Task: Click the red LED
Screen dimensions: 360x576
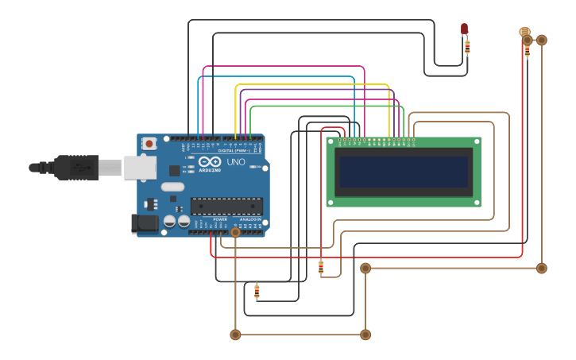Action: pos(465,29)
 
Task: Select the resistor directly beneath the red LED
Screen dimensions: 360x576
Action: pos(467,47)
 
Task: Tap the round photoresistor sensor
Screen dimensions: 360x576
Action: pos(524,32)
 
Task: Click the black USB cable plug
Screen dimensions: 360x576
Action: pos(75,168)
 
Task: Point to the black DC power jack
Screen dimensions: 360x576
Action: pos(145,223)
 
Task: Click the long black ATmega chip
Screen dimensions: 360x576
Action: pos(226,206)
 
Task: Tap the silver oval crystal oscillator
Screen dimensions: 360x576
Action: pos(172,188)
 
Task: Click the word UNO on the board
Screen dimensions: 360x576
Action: pos(236,162)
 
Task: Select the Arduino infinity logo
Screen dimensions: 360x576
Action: pos(210,162)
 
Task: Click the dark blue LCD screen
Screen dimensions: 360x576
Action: pos(404,172)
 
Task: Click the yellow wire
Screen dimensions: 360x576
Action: pos(318,84)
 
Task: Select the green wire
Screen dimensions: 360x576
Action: pos(326,106)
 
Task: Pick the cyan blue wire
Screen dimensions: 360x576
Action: pos(278,77)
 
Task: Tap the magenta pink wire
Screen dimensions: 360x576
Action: pos(286,67)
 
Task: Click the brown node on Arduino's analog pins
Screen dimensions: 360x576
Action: pos(235,232)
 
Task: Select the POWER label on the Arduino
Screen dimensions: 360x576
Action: pos(220,219)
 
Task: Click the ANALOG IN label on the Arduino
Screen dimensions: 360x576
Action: pos(250,219)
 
